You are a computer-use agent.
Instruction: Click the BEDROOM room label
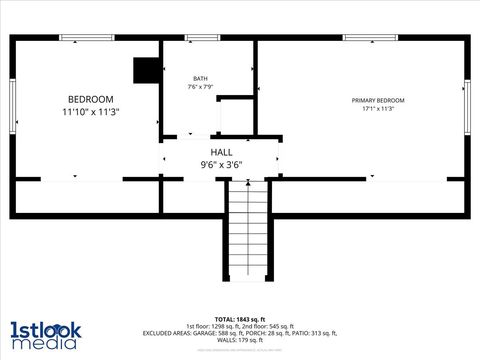point(90,99)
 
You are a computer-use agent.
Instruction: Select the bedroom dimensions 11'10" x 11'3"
point(90,113)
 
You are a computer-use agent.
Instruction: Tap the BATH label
point(201,79)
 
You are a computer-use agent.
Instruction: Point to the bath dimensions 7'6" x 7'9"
point(201,87)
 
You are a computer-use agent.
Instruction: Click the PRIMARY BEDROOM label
point(378,100)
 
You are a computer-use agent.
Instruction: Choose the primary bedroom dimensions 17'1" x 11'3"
point(378,108)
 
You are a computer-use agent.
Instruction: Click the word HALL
point(221,152)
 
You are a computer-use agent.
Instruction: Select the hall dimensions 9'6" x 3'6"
point(221,164)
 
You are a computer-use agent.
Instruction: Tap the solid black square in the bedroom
point(146,69)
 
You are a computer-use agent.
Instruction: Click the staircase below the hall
point(246,230)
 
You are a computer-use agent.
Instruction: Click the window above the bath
point(202,38)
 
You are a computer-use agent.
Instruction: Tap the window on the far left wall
point(13,105)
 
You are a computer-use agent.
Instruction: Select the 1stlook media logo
point(45,335)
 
